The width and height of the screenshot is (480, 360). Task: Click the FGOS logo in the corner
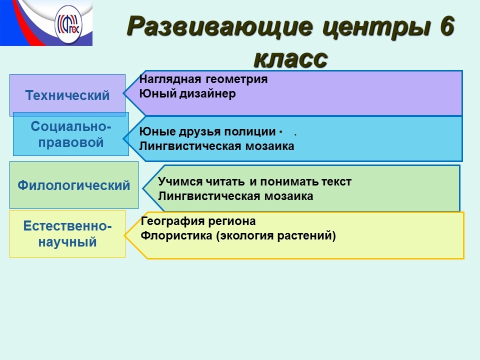(68, 24)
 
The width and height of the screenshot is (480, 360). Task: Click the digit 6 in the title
(446, 26)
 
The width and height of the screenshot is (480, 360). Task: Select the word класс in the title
(290, 58)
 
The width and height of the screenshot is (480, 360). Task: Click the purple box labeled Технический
(67, 95)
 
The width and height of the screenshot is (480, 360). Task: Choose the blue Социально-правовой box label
(70, 134)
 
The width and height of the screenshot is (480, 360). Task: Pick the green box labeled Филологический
(74, 185)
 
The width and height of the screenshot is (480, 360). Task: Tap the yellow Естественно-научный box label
(67, 234)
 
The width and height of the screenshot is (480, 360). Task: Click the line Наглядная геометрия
(203, 79)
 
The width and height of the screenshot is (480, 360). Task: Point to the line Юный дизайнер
(187, 93)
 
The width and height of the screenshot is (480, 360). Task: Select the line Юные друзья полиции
(207, 132)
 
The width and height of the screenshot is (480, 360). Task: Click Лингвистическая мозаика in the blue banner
(216, 146)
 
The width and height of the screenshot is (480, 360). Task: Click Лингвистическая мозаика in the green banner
(235, 196)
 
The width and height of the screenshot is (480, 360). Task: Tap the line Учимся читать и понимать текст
(254, 182)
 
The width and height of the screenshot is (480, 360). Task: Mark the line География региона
(198, 221)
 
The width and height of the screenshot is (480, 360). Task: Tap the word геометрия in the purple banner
(236, 79)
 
